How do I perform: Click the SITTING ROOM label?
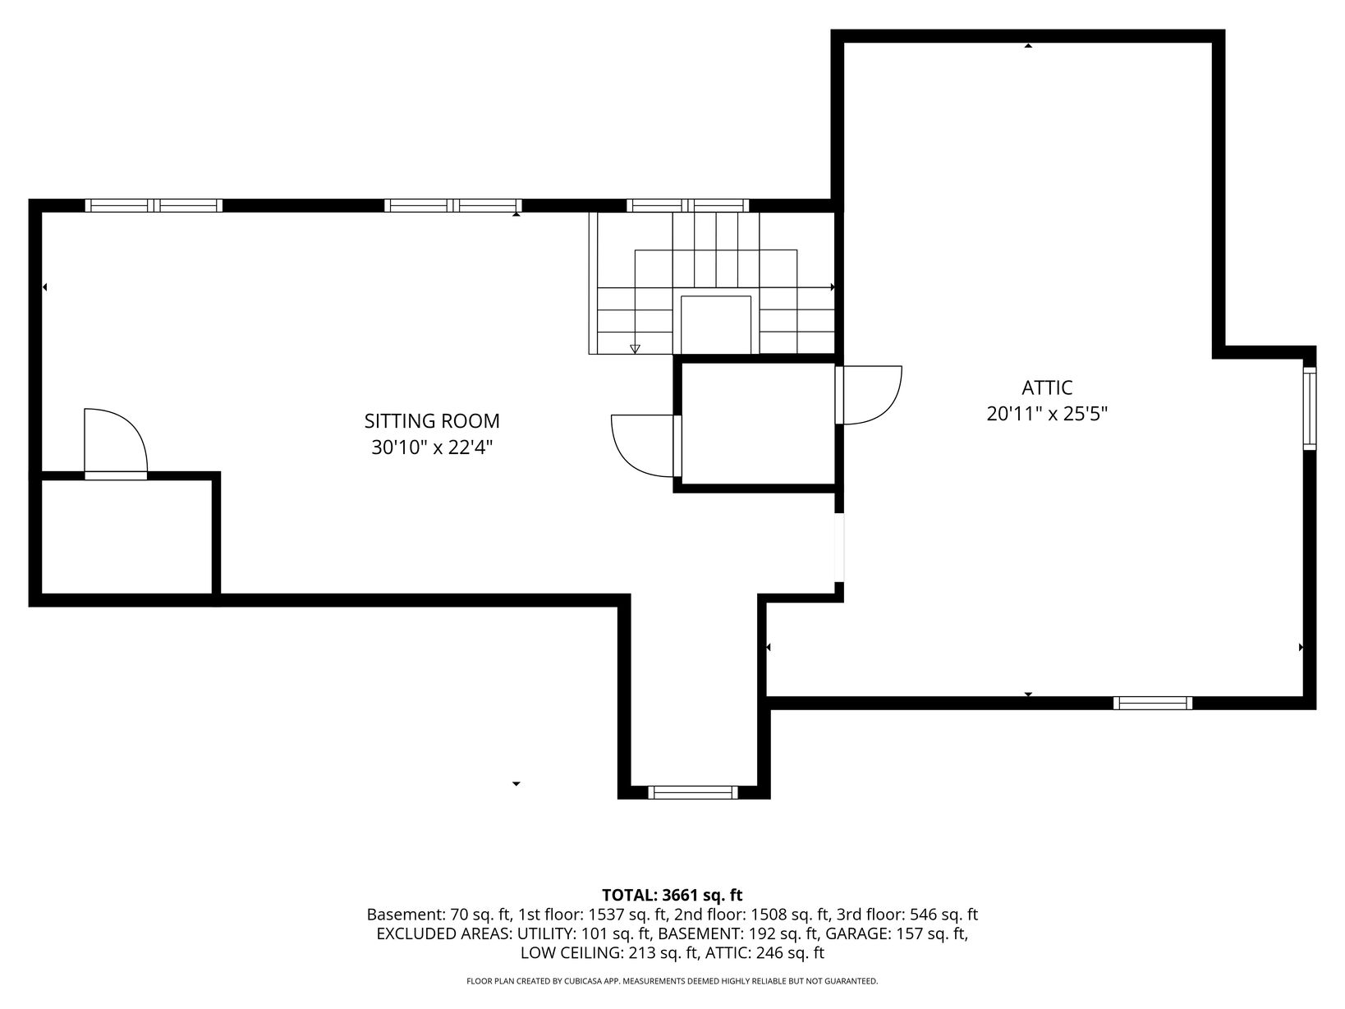[432, 421]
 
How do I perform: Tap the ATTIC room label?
[1047, 388]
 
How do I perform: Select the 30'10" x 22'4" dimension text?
[432, 447]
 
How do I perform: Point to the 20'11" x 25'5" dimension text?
[1047, 414]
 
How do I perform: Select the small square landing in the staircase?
[716, 324]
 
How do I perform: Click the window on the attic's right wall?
[1309, 408]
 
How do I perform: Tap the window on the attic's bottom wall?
[1153, 704]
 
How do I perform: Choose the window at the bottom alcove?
[693, 793]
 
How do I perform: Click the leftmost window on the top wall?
[154, 205]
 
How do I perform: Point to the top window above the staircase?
[687, 205]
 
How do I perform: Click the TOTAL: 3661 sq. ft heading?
[672, 895]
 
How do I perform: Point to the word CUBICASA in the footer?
[585, 981]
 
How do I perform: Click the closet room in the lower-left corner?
[126, 537]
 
